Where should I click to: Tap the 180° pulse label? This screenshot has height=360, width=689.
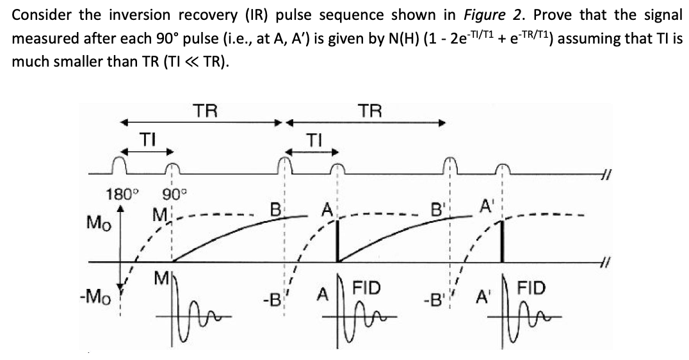119,193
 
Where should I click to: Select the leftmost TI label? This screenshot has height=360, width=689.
148,137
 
